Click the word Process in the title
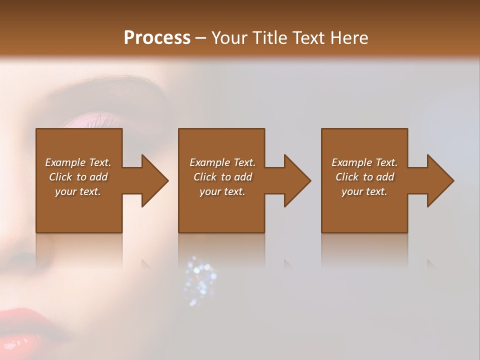tap(157, 38)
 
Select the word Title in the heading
tap(267, 38)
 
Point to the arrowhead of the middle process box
tap(297, 180)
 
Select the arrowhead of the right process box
tap(440, 180)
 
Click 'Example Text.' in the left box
tap(78, 162)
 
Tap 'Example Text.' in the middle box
tap(222, 162)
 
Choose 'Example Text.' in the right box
tap(364, 162)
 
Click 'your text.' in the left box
tap(78, 191)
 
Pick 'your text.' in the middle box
tap(222, 191)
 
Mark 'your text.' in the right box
tap(364, 191)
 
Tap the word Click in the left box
tap(61, 177)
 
